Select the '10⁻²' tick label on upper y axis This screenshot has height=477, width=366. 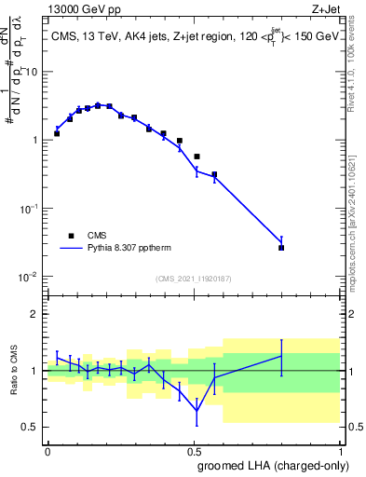(29, 277)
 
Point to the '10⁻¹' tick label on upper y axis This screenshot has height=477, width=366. (29, 208)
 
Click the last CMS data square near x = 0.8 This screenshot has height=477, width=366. (281, 248)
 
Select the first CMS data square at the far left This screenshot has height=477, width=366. (57, 133)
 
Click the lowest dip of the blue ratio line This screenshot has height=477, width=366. (197, 411)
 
